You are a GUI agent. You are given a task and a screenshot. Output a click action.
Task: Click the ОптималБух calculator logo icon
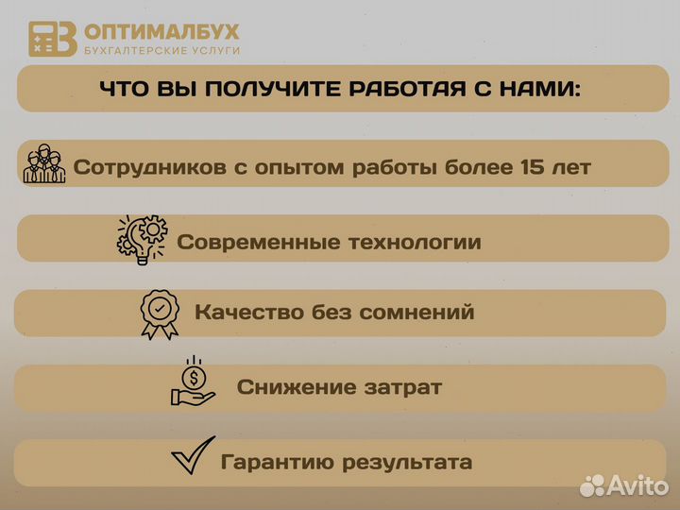[x=52, y=39]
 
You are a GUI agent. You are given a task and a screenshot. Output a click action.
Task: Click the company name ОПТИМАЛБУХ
[x=161, y=32]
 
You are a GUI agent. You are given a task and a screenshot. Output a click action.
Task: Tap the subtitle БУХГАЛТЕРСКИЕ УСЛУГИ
[x=161, y=50]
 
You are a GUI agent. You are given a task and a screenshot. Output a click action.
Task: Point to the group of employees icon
[x=44, y=164]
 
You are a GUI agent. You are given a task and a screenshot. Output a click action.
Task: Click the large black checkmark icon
[x=192, y=458]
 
